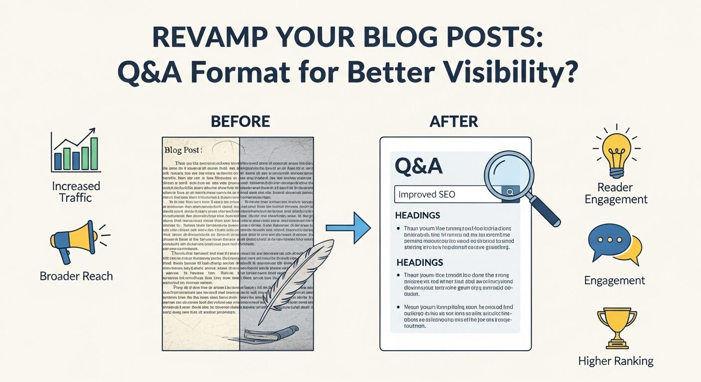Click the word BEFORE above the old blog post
point(240,121)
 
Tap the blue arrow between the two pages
point(348,228)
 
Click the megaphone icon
point(74,243)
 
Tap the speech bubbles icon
point(614,244)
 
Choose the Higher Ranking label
point(616,361)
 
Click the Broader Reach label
point(76,276)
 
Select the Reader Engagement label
point(616,193)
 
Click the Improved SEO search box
point(448,193)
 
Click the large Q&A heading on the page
point(418,166)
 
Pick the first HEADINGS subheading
point(417,215)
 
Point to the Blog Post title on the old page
point(183,149)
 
